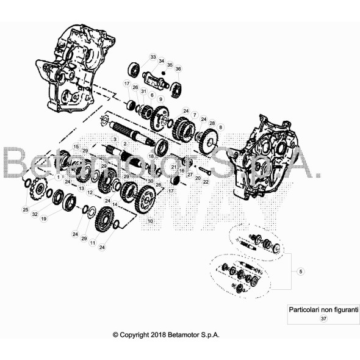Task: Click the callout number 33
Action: pyautogui.click(x=153, y=57)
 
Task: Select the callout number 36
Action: pyautogui.click(x=178, y=69)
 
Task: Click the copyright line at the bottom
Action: pyautogui.click(x=166, y=335)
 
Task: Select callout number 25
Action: pyautogui.click(x=25, y=210)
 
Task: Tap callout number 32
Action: pyautogui.click(x=35, y=214)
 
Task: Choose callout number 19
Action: pyautogui.click(x=43, y=218)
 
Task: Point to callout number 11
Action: pyautogui.click(x=93, y=242)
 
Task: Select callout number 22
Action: pyautogui.click(x=206, y=182)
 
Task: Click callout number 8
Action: pyautogui.click(x=221, y=127)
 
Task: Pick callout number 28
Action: pyautogui.click(x=212, y=123)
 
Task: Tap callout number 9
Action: pyautogui.click(x=160, y=99)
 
